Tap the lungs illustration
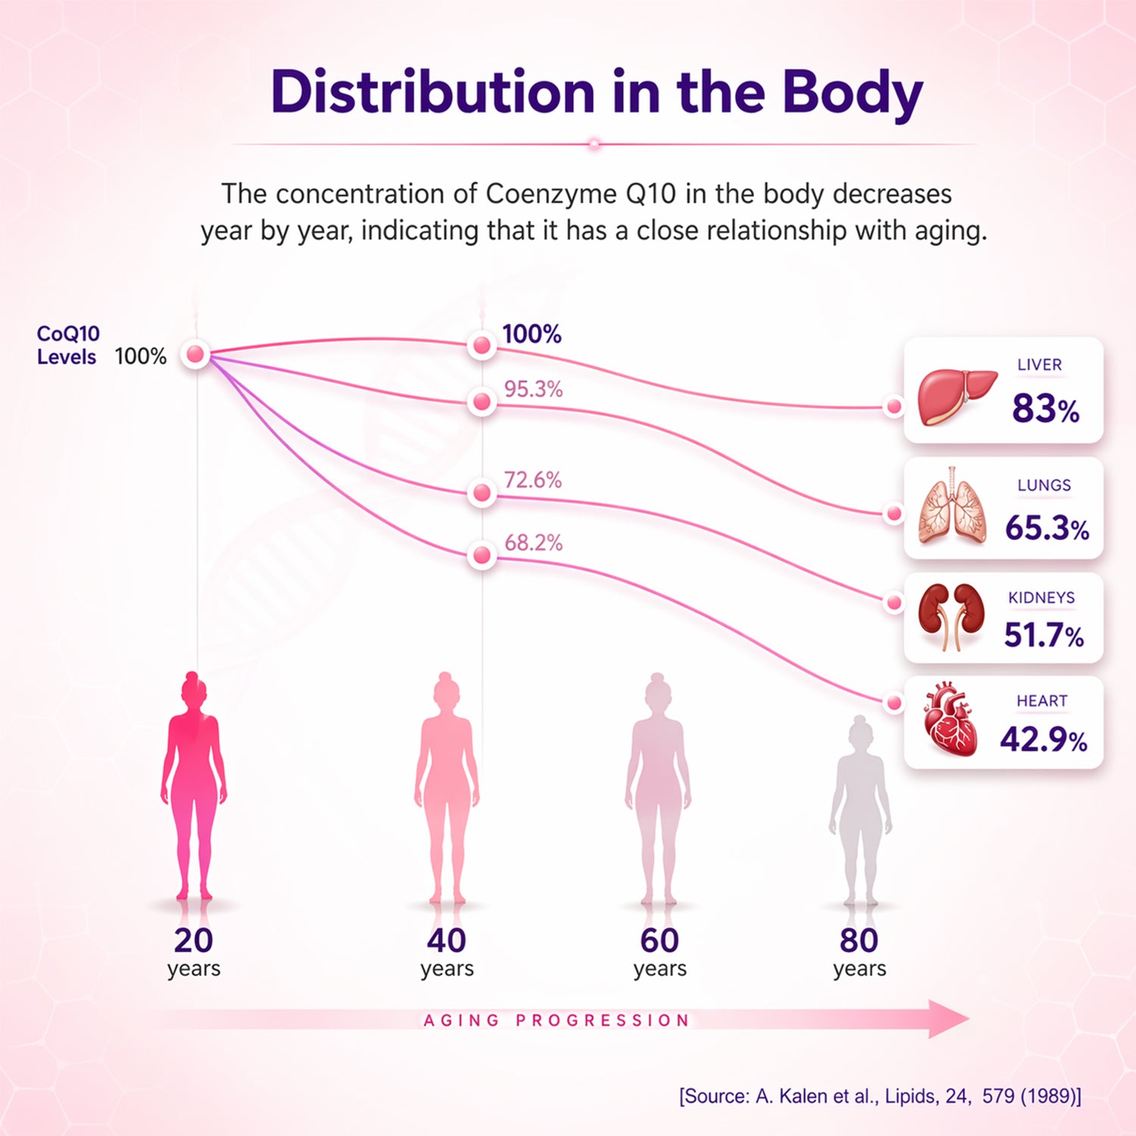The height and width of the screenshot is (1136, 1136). pos(953,505)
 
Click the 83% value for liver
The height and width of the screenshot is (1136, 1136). pos(1046,408)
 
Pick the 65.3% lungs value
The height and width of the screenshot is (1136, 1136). pos(1047,527)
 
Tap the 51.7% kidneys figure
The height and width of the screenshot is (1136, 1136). pos(1044,635)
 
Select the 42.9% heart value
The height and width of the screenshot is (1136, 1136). pos(1044,739)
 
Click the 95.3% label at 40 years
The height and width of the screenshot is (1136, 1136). pos(533,389)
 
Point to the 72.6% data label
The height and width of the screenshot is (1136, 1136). pos(533,480)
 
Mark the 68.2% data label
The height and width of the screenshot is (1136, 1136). pos(533,543)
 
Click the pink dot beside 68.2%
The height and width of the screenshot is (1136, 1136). pos(481,556)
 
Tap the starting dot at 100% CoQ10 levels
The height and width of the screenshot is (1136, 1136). pos(195,354)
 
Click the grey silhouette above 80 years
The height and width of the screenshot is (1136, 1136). pos(860,810)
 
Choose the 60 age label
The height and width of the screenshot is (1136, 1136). pos(660,941)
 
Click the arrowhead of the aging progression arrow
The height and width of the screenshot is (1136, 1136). pos(949,1019)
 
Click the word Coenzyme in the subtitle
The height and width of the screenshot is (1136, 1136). pos(551,195)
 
